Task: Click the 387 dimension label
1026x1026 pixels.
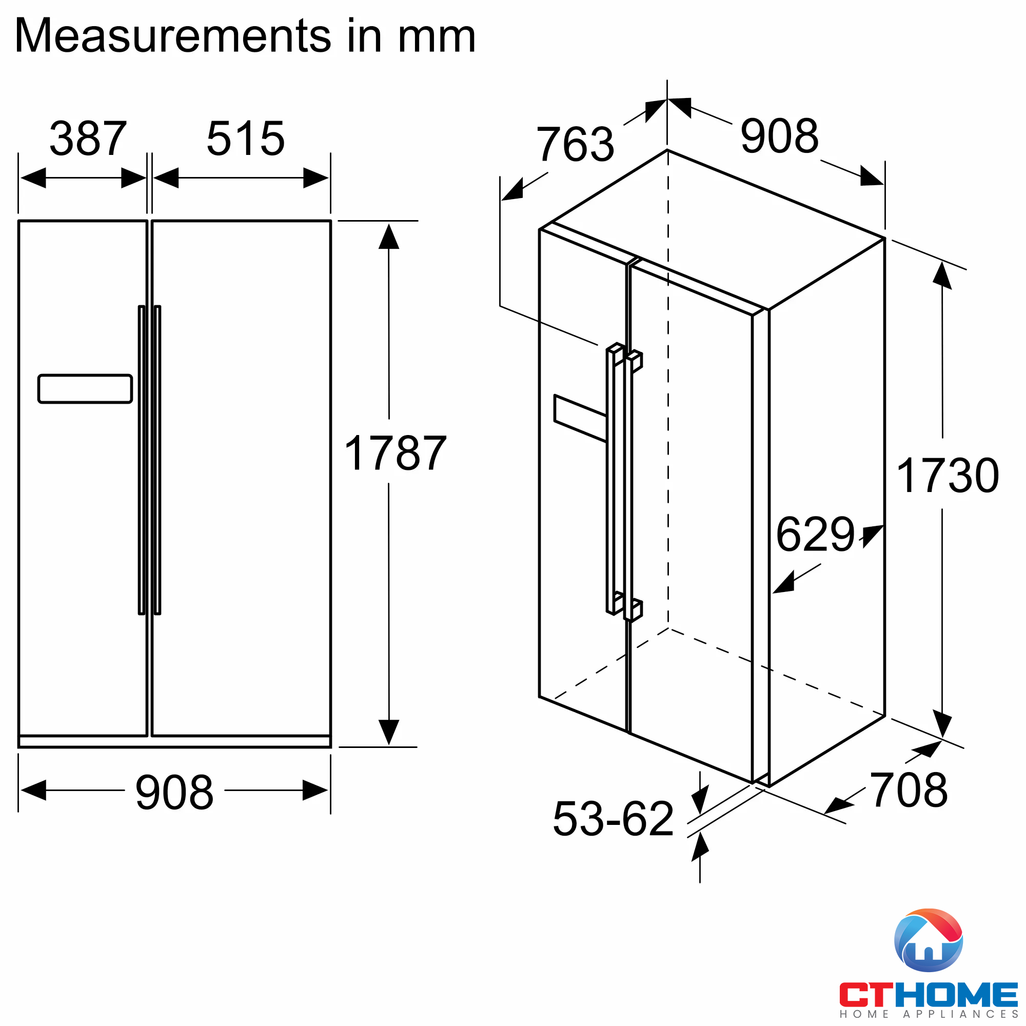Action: (x=88, y=139)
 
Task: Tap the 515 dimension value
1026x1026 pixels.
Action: (x=245, y=139)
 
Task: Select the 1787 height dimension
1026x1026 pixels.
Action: (x=395, y=453)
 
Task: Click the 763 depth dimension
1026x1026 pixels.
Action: (x=575, y=144)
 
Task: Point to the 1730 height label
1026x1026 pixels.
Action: (x=948, y=476)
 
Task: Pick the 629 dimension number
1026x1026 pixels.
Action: (x=815, y=534)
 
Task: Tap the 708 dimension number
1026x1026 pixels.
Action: (x=909, y=790)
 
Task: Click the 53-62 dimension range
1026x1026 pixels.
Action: (x=614, y=818)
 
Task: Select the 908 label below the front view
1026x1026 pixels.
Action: (x=174, y=793)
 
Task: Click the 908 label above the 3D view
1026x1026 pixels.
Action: (x=780, y=136)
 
